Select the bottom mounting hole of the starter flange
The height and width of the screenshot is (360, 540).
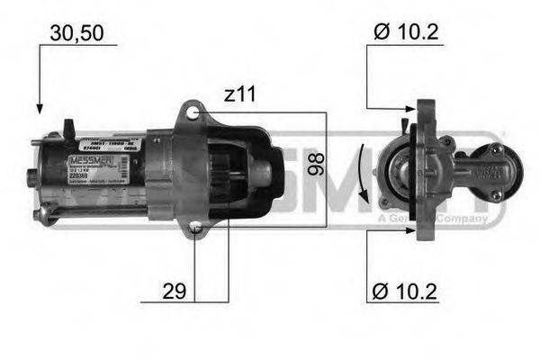click(x=196, y=231)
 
